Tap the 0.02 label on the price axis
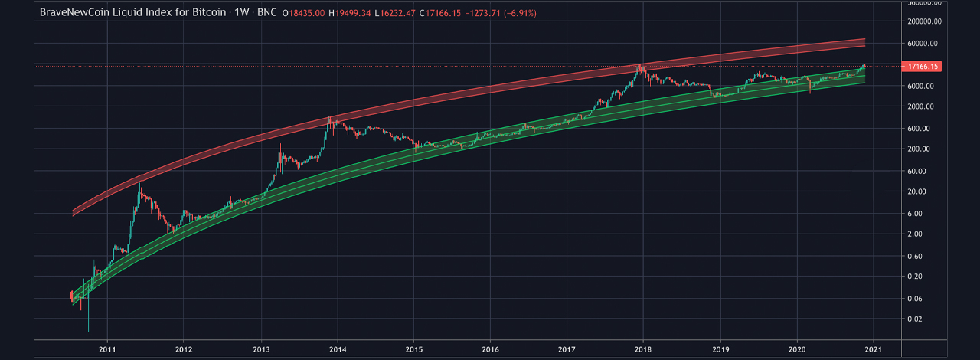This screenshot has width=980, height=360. (x=914, y=319)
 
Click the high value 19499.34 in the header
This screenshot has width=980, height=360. (x=353, y=13)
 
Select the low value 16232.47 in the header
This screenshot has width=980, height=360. (x=397, y=13)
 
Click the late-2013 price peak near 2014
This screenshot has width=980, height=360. (x=330, y=116)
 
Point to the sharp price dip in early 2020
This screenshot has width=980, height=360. (x=811, y=92)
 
